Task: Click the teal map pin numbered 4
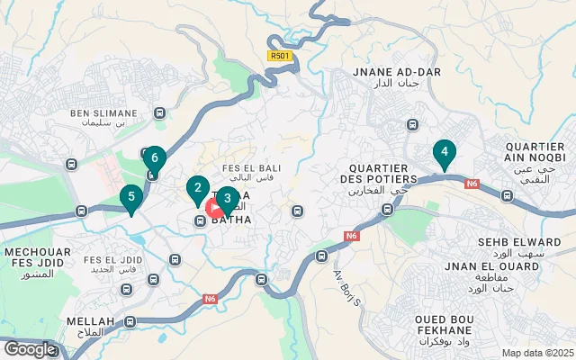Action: click(x=444, y=154)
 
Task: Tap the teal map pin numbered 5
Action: click(x=131, y=197)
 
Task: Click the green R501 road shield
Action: click(x=280, y=55)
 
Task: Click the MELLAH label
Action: click(x=90, y=321)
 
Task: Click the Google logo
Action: click(x=30, y=348)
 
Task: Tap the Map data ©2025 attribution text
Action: click(x=536, y=353)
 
